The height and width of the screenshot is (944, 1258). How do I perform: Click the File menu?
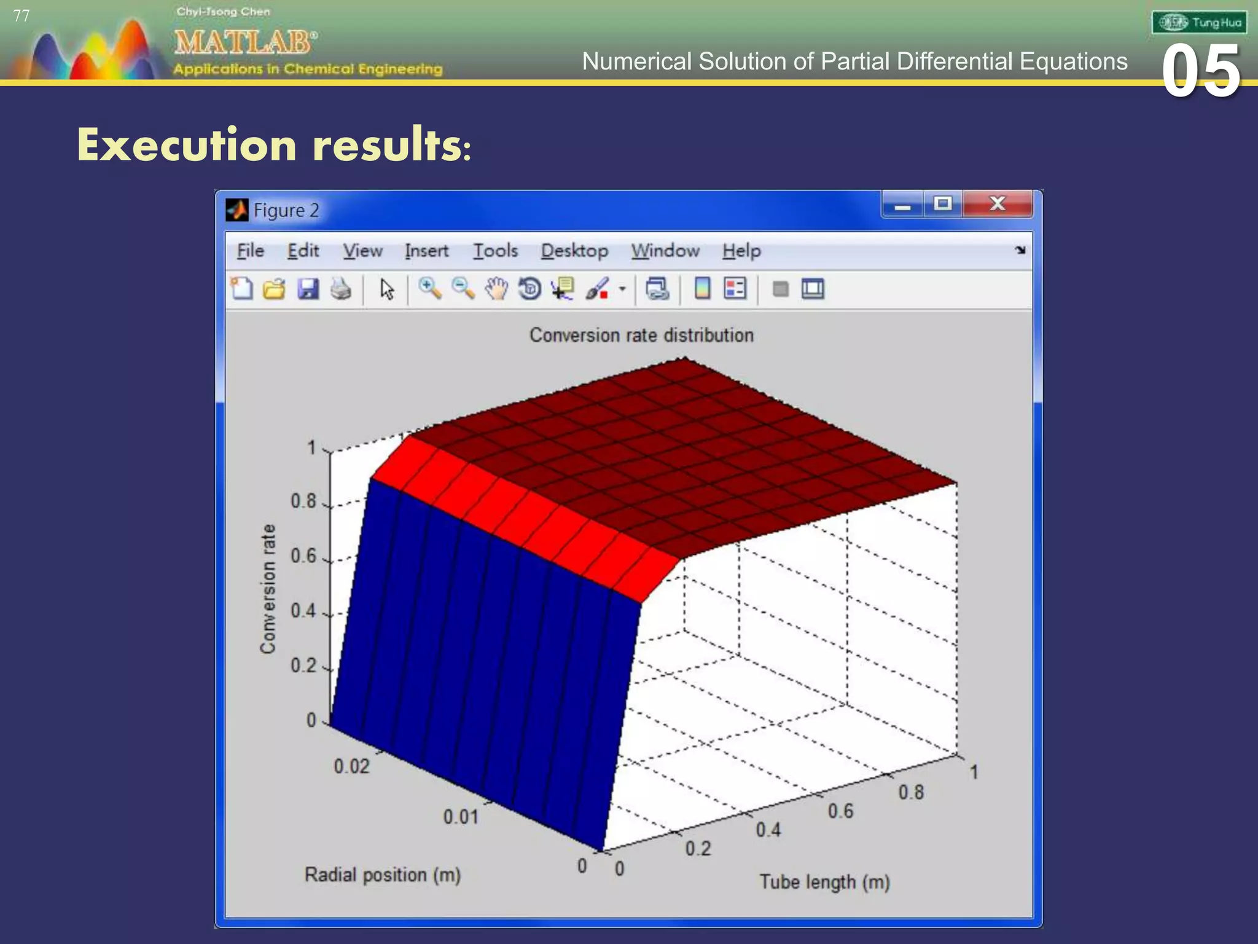tap(250, 251)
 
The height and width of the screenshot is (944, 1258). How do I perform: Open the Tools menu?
tap(495, 251)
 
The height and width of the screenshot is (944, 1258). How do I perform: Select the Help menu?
tap(741, 251)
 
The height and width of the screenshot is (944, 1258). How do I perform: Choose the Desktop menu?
tap(574, 251)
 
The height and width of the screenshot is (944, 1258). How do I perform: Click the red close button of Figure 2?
tap(998, 204)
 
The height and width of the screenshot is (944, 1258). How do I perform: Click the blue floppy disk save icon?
tap(308, 289)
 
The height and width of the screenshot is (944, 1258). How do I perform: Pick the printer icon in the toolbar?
tap(341, 289)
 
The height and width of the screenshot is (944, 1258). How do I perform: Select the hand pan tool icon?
tap(496, 289)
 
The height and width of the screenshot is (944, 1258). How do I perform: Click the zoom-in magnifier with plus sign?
tap(429, 288)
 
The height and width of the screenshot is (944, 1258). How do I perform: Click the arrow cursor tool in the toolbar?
tap(386, 289)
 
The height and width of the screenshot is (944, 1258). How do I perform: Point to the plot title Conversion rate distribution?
tap(641, 335)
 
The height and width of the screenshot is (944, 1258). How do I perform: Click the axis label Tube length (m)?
tap(824, 883)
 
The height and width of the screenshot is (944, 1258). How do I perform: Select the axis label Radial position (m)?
tap(382, 875)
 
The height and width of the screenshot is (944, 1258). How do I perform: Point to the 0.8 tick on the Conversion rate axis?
tap(303, 502)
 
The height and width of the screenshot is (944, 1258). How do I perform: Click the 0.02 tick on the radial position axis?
tap(351, 766)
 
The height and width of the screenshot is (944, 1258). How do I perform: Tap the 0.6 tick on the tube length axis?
tap(840, 811)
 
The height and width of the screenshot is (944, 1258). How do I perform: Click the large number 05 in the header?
tap(1200, 72)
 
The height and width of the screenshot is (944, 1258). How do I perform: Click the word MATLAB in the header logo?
tap(244, 43)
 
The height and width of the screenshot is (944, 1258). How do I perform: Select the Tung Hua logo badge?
tap(1198, 23)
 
